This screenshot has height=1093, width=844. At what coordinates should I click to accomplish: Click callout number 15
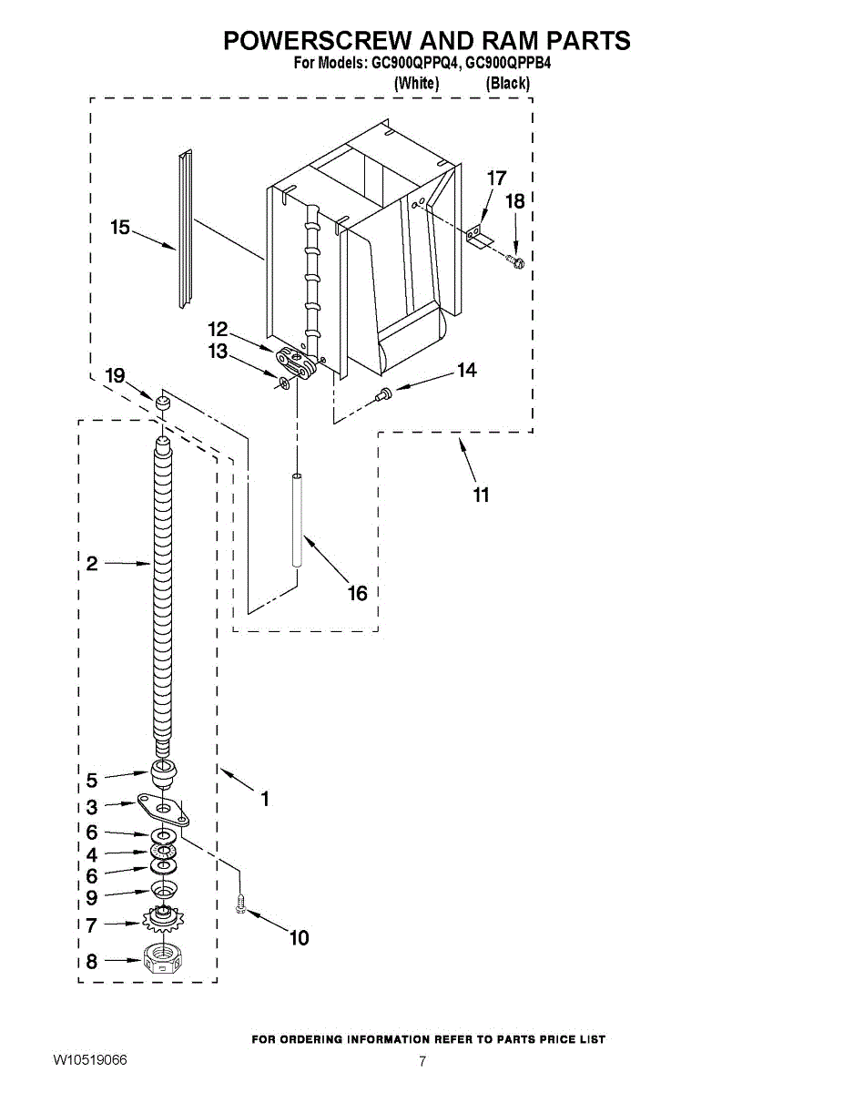click(x=120, y=228)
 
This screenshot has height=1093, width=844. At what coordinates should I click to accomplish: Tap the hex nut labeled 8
click(x=160, y=960)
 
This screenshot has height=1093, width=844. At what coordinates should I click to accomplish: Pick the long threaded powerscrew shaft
click(x=161, y=592)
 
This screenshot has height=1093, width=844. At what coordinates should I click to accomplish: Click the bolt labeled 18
click(x=516, y=262)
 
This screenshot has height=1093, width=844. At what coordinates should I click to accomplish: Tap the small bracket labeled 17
click(x=477, y=236)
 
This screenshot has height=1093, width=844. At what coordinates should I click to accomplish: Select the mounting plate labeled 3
click(x=162, y=806)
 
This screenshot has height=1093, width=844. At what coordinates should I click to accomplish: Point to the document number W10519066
click(x=89, y=1061)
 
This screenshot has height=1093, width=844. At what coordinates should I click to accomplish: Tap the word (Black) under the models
click(x=507, y=83)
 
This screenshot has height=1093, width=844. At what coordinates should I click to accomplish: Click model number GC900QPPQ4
click(x=413, y=64)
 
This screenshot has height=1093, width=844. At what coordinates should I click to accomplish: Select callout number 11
click(x=481, y=495)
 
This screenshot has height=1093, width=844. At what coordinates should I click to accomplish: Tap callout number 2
click(x=92, y=564)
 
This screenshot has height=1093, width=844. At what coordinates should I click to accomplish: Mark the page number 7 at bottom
click(x=422, y=1061)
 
